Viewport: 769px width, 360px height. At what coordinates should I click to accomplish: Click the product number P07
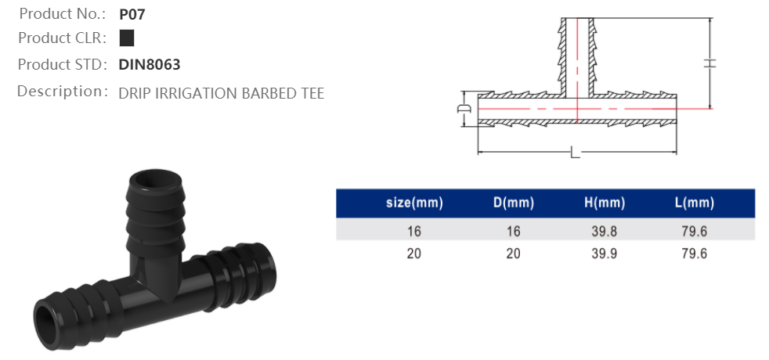click(132, 14)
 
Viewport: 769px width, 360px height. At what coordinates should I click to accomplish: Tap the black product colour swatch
click(127, 38)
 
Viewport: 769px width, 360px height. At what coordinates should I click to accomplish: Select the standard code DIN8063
click(150, 65)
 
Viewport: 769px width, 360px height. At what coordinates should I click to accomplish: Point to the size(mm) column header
click(414, 203)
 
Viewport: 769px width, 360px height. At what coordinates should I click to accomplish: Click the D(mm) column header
click(513, 203)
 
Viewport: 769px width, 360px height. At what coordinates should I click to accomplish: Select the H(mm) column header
click(605, 203)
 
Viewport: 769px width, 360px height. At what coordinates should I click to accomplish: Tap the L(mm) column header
click(694, 203)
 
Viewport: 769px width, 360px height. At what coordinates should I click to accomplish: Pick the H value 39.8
click(605, 230)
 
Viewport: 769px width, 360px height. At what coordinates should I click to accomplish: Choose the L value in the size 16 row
click(694, 230)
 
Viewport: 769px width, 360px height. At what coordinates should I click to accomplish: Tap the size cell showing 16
click(414, 230)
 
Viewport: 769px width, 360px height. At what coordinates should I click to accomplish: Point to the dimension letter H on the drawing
click(710, 64)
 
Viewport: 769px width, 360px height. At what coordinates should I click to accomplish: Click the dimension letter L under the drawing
click(575, 153)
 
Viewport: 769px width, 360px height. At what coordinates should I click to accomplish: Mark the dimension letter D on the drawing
click(463, 107)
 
